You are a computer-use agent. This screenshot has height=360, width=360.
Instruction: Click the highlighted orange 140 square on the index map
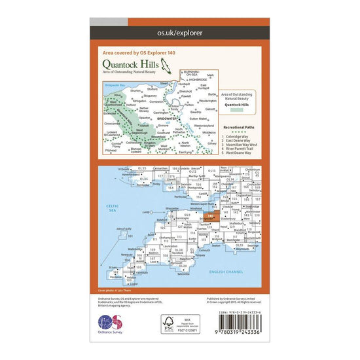coord(209,215)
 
